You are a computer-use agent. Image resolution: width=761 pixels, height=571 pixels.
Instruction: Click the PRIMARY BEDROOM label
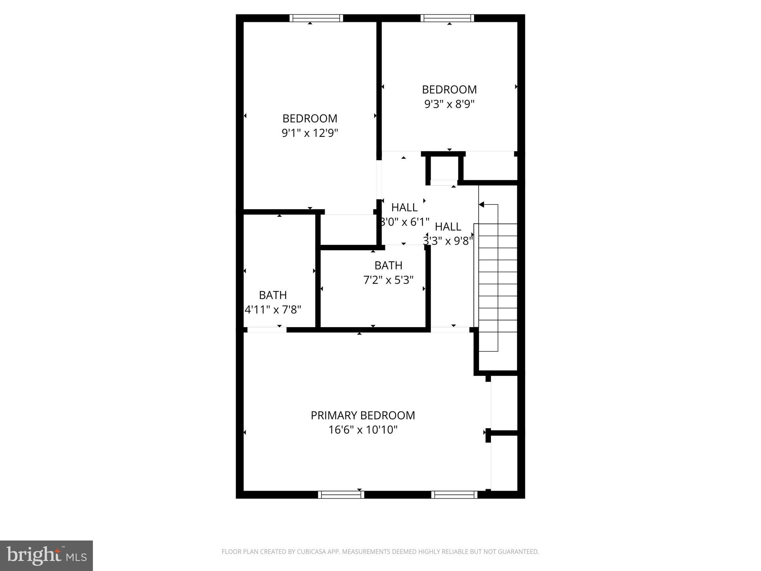[x=363, y=415]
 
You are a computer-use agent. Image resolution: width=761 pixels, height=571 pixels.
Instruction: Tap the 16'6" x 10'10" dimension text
[x=363, y=430]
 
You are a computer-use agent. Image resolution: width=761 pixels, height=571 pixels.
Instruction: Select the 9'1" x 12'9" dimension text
[x=310, y=133]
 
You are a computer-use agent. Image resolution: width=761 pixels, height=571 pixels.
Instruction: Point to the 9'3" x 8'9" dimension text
[x=450, y=104]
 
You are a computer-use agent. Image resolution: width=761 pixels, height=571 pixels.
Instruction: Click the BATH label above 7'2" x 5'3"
[x=388, y=265]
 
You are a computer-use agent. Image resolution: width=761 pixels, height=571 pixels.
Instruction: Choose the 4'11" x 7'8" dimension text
[x=273, y=309]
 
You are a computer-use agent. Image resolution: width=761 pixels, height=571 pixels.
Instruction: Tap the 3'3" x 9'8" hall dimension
[x=448, y=241]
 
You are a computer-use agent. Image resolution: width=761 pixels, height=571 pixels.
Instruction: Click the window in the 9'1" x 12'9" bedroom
[x=316, y=18]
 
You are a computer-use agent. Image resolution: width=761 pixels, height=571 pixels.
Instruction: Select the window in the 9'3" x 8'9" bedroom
[x=447, y=18]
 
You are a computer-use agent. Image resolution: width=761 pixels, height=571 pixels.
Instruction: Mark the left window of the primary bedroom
[x=341, y=494]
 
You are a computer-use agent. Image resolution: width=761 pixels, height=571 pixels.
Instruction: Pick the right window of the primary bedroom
[x=454, y=494]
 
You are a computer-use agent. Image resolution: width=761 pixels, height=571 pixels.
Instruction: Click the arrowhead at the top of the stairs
[x=482, y=204]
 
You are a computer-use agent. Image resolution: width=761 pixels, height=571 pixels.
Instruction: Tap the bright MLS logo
[x=46, y=556]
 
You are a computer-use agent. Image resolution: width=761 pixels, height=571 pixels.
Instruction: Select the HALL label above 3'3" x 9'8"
[x=448, y=226]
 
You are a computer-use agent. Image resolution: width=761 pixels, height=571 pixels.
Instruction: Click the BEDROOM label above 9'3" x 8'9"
[x=449, y=90]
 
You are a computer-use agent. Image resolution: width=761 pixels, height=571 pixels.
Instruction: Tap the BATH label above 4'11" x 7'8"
[x=273, y=295]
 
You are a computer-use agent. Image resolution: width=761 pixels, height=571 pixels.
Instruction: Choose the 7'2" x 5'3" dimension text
[x=388, y=280]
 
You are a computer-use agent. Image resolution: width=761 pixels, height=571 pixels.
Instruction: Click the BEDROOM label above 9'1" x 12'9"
[x=310, y=119]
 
